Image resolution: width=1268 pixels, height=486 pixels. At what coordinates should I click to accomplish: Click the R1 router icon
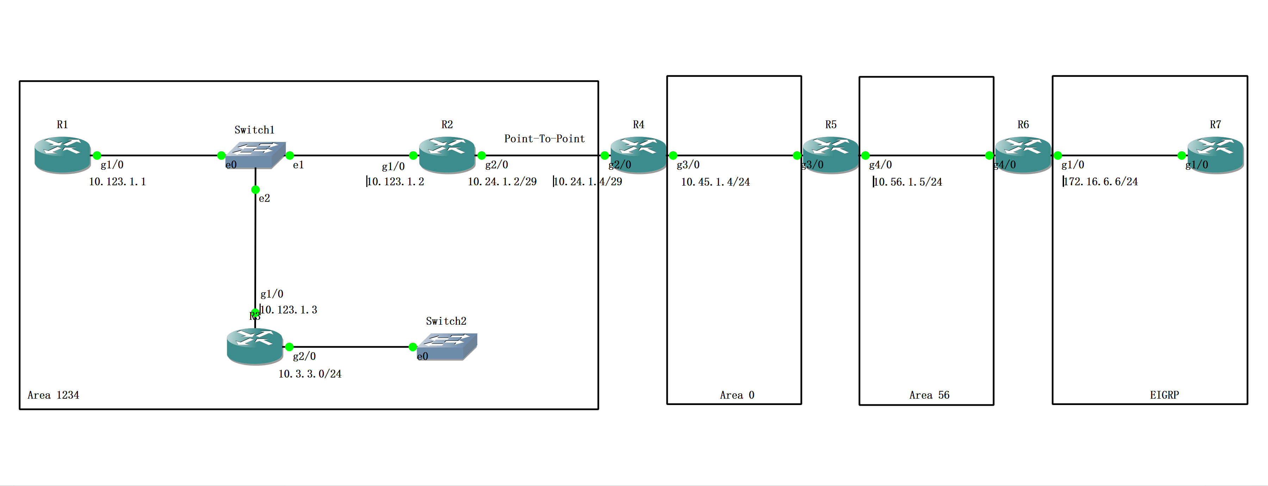click(62, 155)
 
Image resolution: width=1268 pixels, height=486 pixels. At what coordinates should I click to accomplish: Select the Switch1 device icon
click(255, 155)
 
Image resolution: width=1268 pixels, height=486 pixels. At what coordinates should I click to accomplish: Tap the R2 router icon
click(447, 155)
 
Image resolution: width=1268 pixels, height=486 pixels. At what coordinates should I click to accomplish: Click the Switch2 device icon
click(447, 346)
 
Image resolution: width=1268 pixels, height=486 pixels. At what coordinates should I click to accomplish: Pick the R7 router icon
click(1215, 155)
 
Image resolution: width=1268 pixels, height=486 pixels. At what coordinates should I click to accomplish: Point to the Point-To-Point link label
click(545, 139)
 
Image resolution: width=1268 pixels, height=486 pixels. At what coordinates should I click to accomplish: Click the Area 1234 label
click(53, 395)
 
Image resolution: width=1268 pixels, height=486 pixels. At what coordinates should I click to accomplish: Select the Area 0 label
click(737, 395)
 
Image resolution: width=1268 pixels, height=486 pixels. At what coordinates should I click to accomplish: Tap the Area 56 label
click(929, 395)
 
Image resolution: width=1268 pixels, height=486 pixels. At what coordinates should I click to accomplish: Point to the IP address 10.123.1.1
click(117, 182)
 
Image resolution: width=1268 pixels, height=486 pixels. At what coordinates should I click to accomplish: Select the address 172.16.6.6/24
click(1101, 182)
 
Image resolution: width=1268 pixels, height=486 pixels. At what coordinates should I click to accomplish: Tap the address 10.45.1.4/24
click(715, 182)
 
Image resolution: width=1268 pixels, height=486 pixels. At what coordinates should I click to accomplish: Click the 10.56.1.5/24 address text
click(908, 182)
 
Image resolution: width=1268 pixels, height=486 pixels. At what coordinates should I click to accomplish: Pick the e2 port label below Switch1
click(264, 198)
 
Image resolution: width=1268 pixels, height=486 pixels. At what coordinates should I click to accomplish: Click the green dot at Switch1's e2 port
click(255, 189)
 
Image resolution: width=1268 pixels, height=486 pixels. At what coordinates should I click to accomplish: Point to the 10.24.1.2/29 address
click(502, 182)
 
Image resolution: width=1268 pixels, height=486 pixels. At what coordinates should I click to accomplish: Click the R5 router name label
click(831, 125)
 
